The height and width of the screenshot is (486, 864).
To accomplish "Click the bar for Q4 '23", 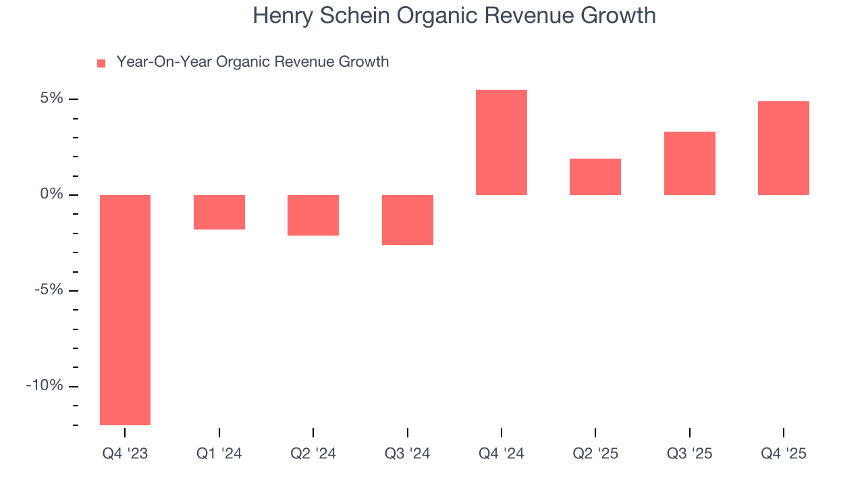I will pos(125,310).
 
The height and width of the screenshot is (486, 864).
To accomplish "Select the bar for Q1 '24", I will pos(219,212).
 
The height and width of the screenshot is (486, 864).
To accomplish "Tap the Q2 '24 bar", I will pos(313,215).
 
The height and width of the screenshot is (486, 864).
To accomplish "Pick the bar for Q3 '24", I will pos(408,220).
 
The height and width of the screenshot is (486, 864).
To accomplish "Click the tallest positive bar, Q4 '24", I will pos(502,142).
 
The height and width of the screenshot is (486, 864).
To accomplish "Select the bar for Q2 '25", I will pos(595,177).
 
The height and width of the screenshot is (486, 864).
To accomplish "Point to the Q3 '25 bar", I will pos(690,163).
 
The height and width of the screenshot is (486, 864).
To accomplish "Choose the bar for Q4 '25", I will pos(784,148).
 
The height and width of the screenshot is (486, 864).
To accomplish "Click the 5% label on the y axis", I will pos(51,99).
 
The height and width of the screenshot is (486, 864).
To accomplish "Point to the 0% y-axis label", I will pos(51,194).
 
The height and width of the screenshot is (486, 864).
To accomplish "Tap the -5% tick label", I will pos(49,290).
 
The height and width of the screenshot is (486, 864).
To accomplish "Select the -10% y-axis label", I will pos(45,385).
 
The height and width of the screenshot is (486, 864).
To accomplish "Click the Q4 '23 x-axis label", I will pos(125,454).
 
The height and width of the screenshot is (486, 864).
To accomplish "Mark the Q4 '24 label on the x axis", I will pos(502,454).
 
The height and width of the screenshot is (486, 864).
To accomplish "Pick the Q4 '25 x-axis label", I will pos(784,454).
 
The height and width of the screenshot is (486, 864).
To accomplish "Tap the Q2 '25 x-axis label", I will pos(595,454).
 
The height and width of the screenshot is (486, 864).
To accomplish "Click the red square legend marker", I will pos(101,63).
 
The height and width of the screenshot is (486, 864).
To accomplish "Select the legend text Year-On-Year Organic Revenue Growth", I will pos(252,62).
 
